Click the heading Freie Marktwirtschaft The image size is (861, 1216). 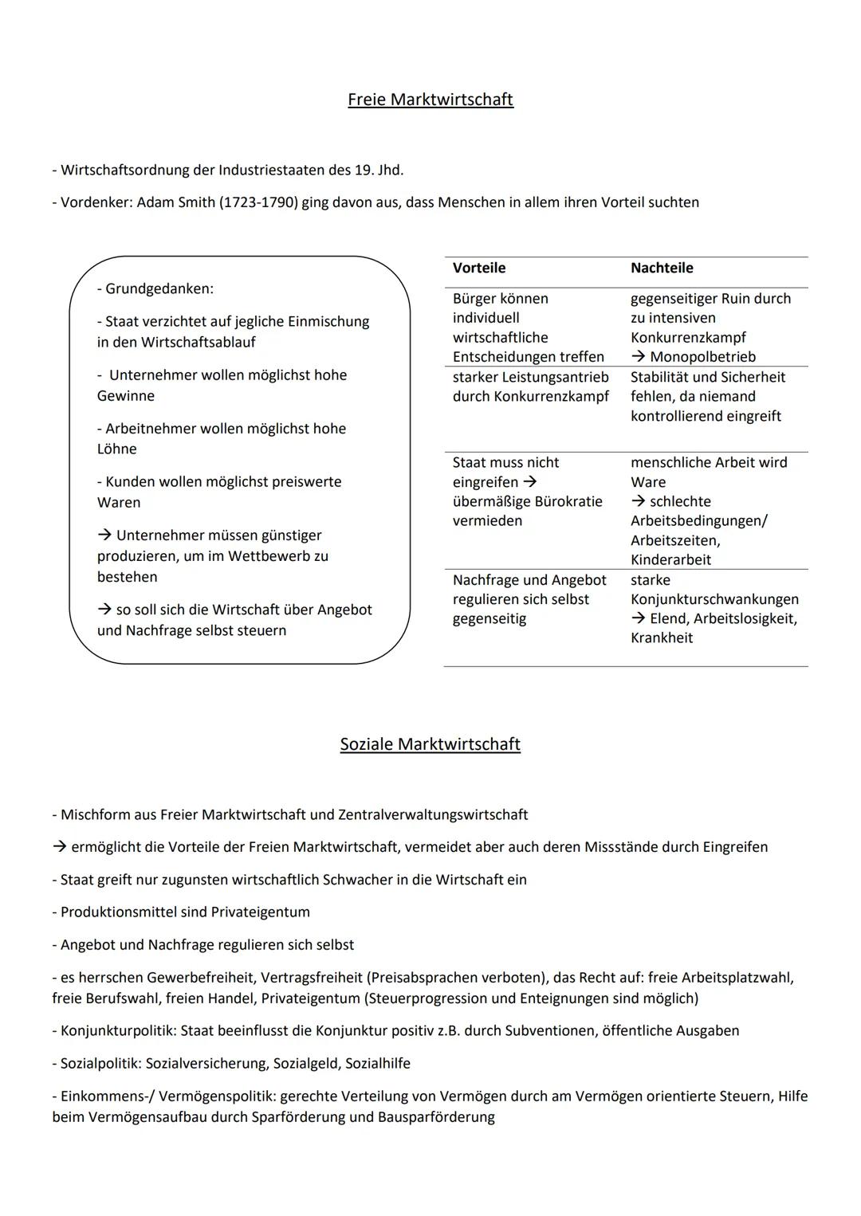[431, 100]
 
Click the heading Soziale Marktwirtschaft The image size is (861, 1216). [431, 744]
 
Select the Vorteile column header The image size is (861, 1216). [479, 269]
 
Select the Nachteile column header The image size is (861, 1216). [662, 269]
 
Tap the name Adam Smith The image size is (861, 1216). [175, 202]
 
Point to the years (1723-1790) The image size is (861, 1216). [258, 202]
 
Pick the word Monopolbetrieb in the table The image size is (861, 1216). [702, 357]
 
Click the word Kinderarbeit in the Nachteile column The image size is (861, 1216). [670, 559]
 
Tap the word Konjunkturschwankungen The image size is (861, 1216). [714, 599]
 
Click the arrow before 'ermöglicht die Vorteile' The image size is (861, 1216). [59, 847]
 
